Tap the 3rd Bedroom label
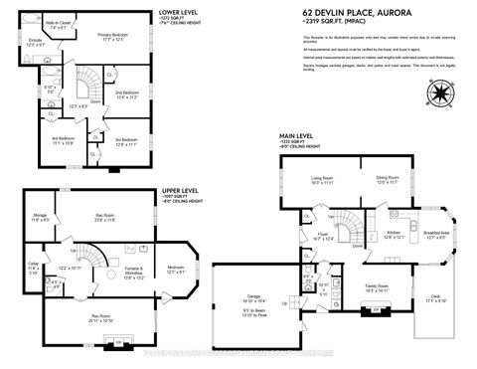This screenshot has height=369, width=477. pos(125,141)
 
